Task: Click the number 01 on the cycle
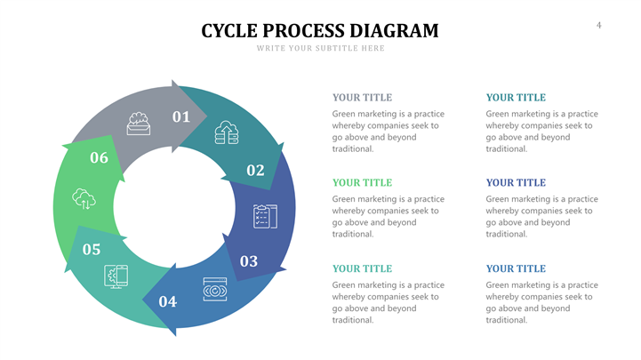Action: (x=181, y=116)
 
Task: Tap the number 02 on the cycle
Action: (x=255, y=170)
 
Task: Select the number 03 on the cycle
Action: (x=249, y=261)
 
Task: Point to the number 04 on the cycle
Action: (x=168, y=301)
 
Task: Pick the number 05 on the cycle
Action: (x=92, y=249)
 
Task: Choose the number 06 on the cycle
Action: (x=99, y=158)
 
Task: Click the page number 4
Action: (x=598, y=25)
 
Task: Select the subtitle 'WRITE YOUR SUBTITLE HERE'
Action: (x=320, y=48)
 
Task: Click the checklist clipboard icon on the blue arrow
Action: (x=265, y=216)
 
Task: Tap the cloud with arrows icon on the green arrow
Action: (x=84, y=198)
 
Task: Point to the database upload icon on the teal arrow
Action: (x=227, y=133)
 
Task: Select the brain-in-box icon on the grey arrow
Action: (x=138, y=123)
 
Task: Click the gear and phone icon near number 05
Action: (x=116, y=276)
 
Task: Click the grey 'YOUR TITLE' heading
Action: (x=362, y=97)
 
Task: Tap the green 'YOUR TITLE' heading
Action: (x=362, y=182)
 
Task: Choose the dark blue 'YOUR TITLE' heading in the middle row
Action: (x=516, y=182)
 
